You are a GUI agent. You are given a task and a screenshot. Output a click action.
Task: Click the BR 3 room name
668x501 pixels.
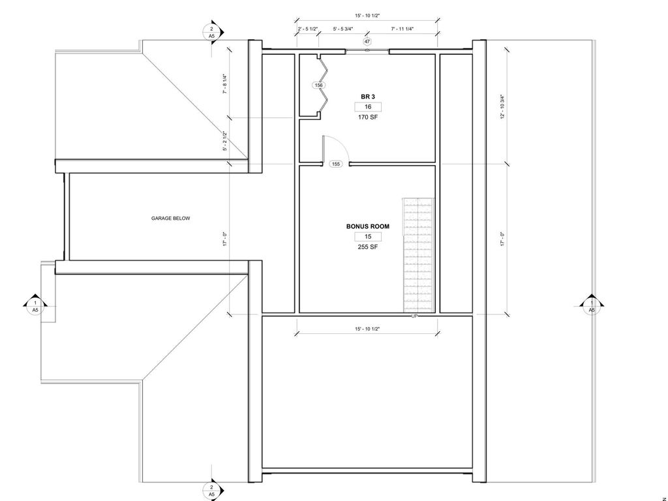point(368,97)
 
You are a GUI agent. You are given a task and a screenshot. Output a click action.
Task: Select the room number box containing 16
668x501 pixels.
point(368,107)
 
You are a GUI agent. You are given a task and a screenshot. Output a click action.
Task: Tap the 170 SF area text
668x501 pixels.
point(368,117)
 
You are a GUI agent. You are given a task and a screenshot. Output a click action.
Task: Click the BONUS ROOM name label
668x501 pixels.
point(368,226)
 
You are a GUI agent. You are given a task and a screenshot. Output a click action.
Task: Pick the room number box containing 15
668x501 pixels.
point(368,237)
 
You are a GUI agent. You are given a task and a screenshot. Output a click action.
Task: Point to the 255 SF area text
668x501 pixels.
point(368,247)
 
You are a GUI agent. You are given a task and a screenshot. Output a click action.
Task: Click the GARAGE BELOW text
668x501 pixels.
point(170,219)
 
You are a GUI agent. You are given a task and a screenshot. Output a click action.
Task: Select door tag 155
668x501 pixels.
point(336,164)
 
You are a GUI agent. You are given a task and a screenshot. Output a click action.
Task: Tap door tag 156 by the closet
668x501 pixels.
point(318,85)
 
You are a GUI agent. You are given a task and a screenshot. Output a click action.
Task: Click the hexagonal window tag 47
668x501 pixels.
point(367,41)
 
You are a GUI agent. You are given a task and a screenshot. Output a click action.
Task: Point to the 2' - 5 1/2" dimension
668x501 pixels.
point(307,29)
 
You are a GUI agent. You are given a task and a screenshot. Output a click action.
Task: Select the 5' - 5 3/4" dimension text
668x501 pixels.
point(342,29)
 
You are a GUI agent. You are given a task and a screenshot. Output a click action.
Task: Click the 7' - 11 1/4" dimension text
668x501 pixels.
point(402,29)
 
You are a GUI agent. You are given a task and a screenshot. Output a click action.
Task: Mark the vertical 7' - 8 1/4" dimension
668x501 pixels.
point(225,84)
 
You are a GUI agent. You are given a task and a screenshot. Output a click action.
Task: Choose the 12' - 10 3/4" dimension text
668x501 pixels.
point(503,106)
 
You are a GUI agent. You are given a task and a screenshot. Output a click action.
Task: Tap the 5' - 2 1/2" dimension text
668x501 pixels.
point(225,141)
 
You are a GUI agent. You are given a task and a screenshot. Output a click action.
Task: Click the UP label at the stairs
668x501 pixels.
point(414,316)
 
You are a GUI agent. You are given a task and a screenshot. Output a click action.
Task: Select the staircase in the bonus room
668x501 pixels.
point(419,255)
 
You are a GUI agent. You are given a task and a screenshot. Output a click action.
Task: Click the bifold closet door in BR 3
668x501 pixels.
point(324,85)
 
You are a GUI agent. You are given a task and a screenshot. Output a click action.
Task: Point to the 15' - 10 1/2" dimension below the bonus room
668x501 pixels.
point(367,329)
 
